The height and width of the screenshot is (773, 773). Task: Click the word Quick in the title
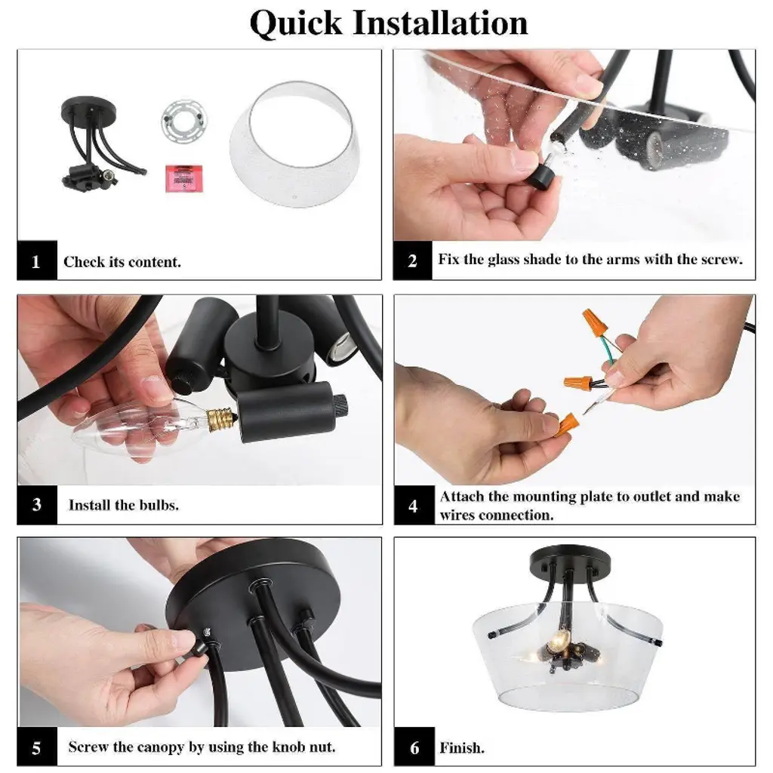tap(296, 23)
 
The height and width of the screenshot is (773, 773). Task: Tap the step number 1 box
tap(37, 260)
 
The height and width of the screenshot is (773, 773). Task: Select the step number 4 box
tap(414, 505)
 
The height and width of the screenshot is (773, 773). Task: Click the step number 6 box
tap(414, 747)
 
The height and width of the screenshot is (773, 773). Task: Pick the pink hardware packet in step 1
tap(184, 177)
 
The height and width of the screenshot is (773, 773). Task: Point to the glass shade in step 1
tap(294, 143)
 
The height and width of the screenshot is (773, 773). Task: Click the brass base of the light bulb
tap(221, 419)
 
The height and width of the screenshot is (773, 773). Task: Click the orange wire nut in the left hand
tap(568, 425)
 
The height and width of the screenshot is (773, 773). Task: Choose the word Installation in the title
tap(441, 23)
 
